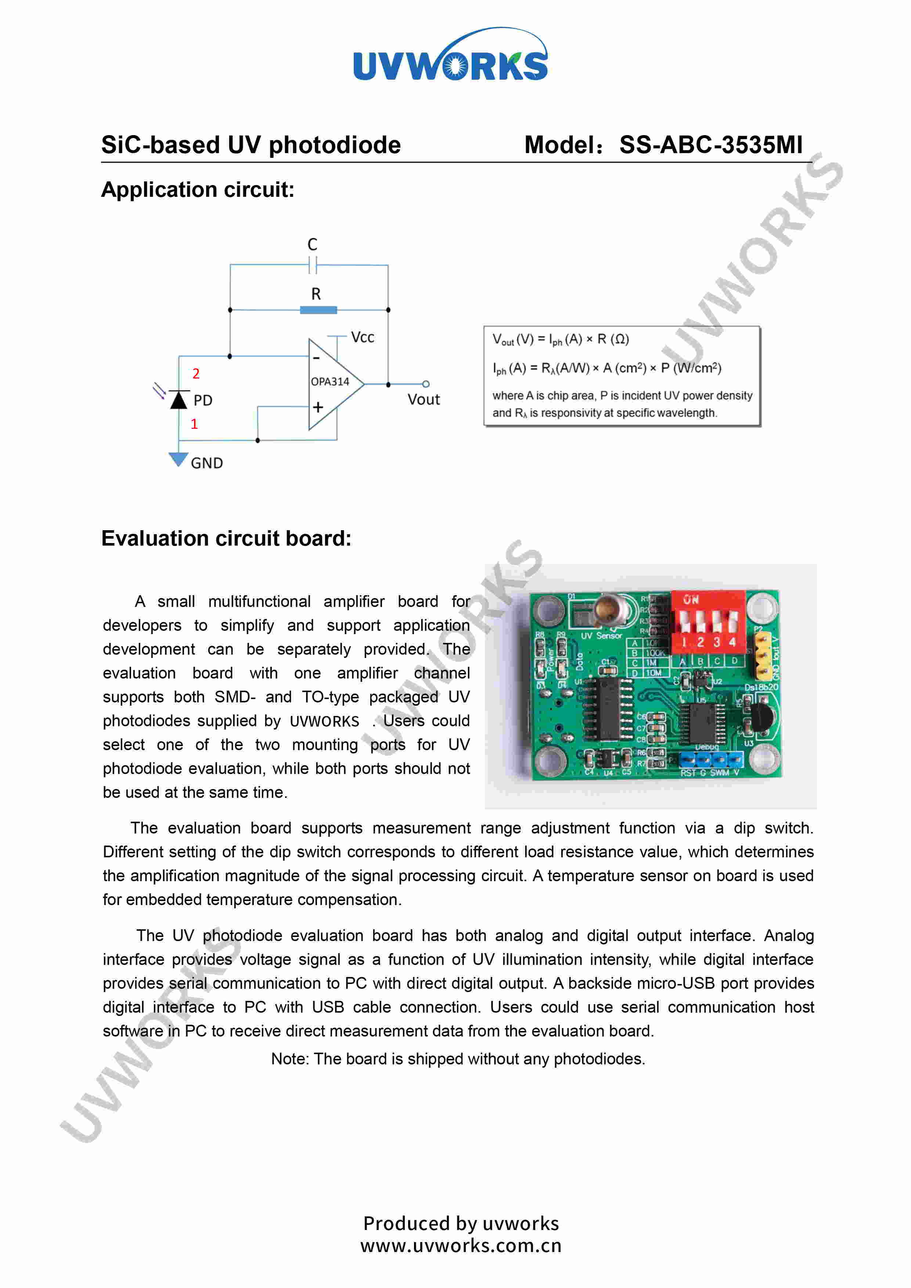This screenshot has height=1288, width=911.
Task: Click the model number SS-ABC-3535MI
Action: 710,145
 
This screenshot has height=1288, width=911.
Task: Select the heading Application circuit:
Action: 198,189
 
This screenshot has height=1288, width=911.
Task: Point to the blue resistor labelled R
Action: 318,310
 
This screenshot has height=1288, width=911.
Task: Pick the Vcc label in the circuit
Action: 362,337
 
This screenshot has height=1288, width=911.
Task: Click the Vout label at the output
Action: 423,399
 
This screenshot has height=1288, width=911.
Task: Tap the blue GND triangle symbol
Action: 179,459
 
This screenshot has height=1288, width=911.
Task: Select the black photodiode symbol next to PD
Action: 179,399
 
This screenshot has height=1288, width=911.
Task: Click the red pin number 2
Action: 196,374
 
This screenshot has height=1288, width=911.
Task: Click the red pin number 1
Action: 194,424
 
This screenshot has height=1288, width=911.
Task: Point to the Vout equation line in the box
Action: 560,339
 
